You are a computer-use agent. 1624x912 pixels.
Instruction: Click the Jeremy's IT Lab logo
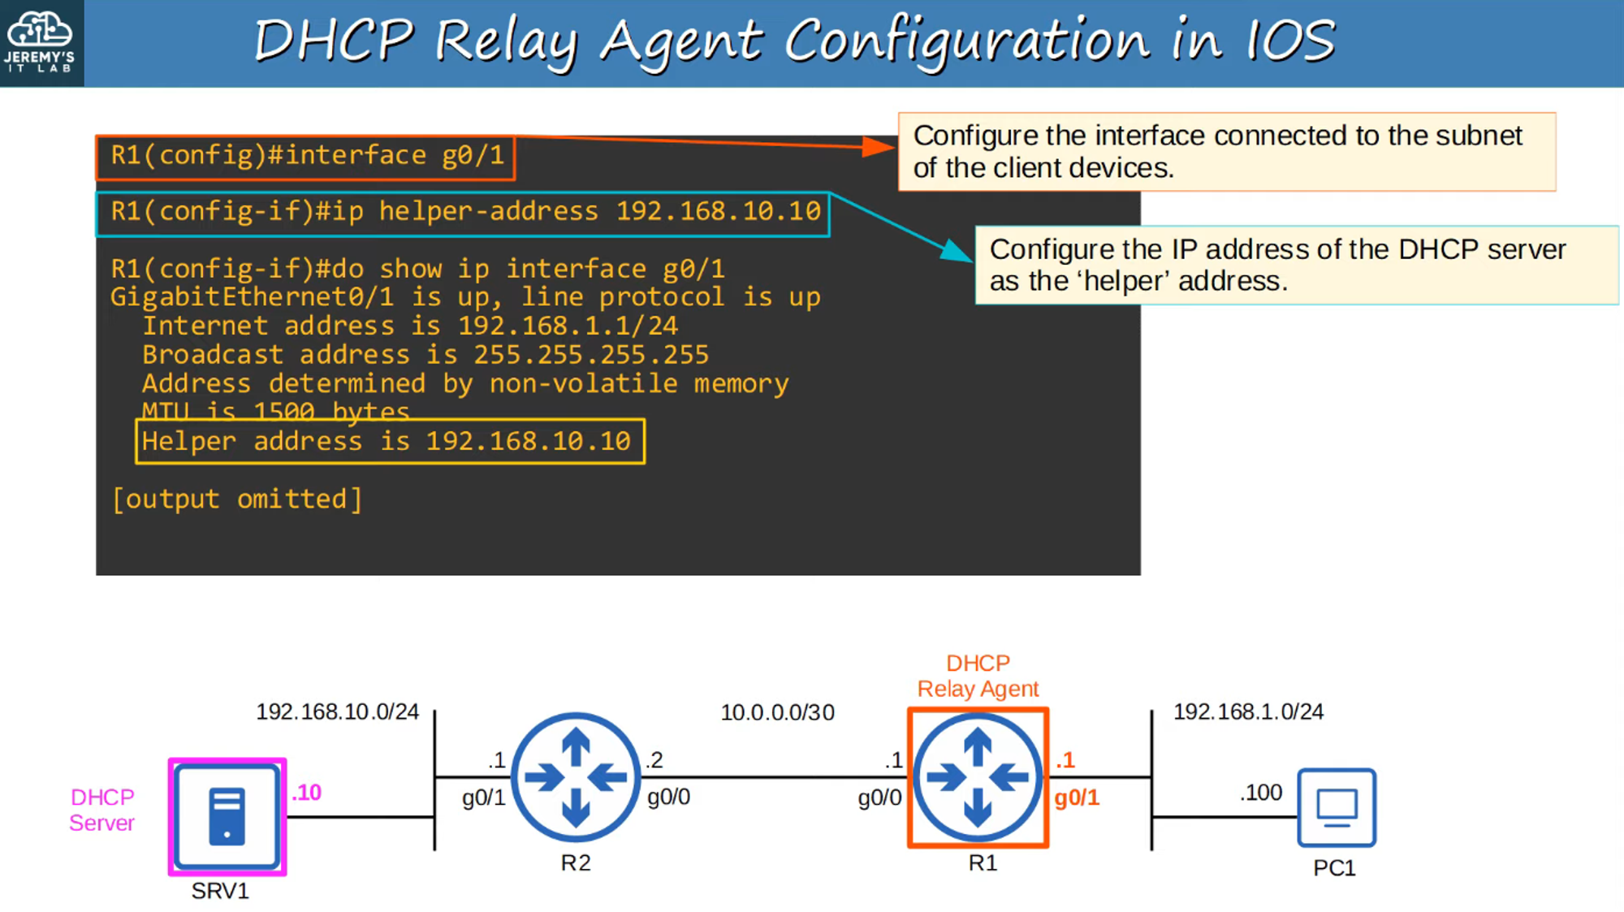pos(41,42)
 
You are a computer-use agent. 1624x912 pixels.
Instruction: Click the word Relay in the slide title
pos(506,41)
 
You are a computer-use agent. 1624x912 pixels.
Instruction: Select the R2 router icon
pos(576,777)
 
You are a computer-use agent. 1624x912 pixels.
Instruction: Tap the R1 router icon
pos(978,777)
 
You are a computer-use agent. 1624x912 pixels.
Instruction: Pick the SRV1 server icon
pos(227,816)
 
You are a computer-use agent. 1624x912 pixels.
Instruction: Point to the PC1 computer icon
pos(1336,807)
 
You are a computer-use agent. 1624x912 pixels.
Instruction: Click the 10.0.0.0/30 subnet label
pos(777,712)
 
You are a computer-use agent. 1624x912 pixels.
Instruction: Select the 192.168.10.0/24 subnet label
pos(337,711)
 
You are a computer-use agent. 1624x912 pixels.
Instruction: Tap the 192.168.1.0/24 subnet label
pos(1248,711)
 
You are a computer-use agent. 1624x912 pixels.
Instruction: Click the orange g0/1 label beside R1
pos(1077,797)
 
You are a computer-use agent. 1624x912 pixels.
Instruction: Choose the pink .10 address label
pos(307,792)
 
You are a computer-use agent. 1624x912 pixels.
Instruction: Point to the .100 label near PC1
pos(1261,792)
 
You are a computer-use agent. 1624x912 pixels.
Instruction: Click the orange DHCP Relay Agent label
pos(978,676)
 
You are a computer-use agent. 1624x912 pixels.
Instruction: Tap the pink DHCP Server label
pos(101,810)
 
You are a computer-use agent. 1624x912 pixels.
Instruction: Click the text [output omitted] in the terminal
pos(237,499)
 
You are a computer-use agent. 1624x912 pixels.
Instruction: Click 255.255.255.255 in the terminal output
pos(591,354)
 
